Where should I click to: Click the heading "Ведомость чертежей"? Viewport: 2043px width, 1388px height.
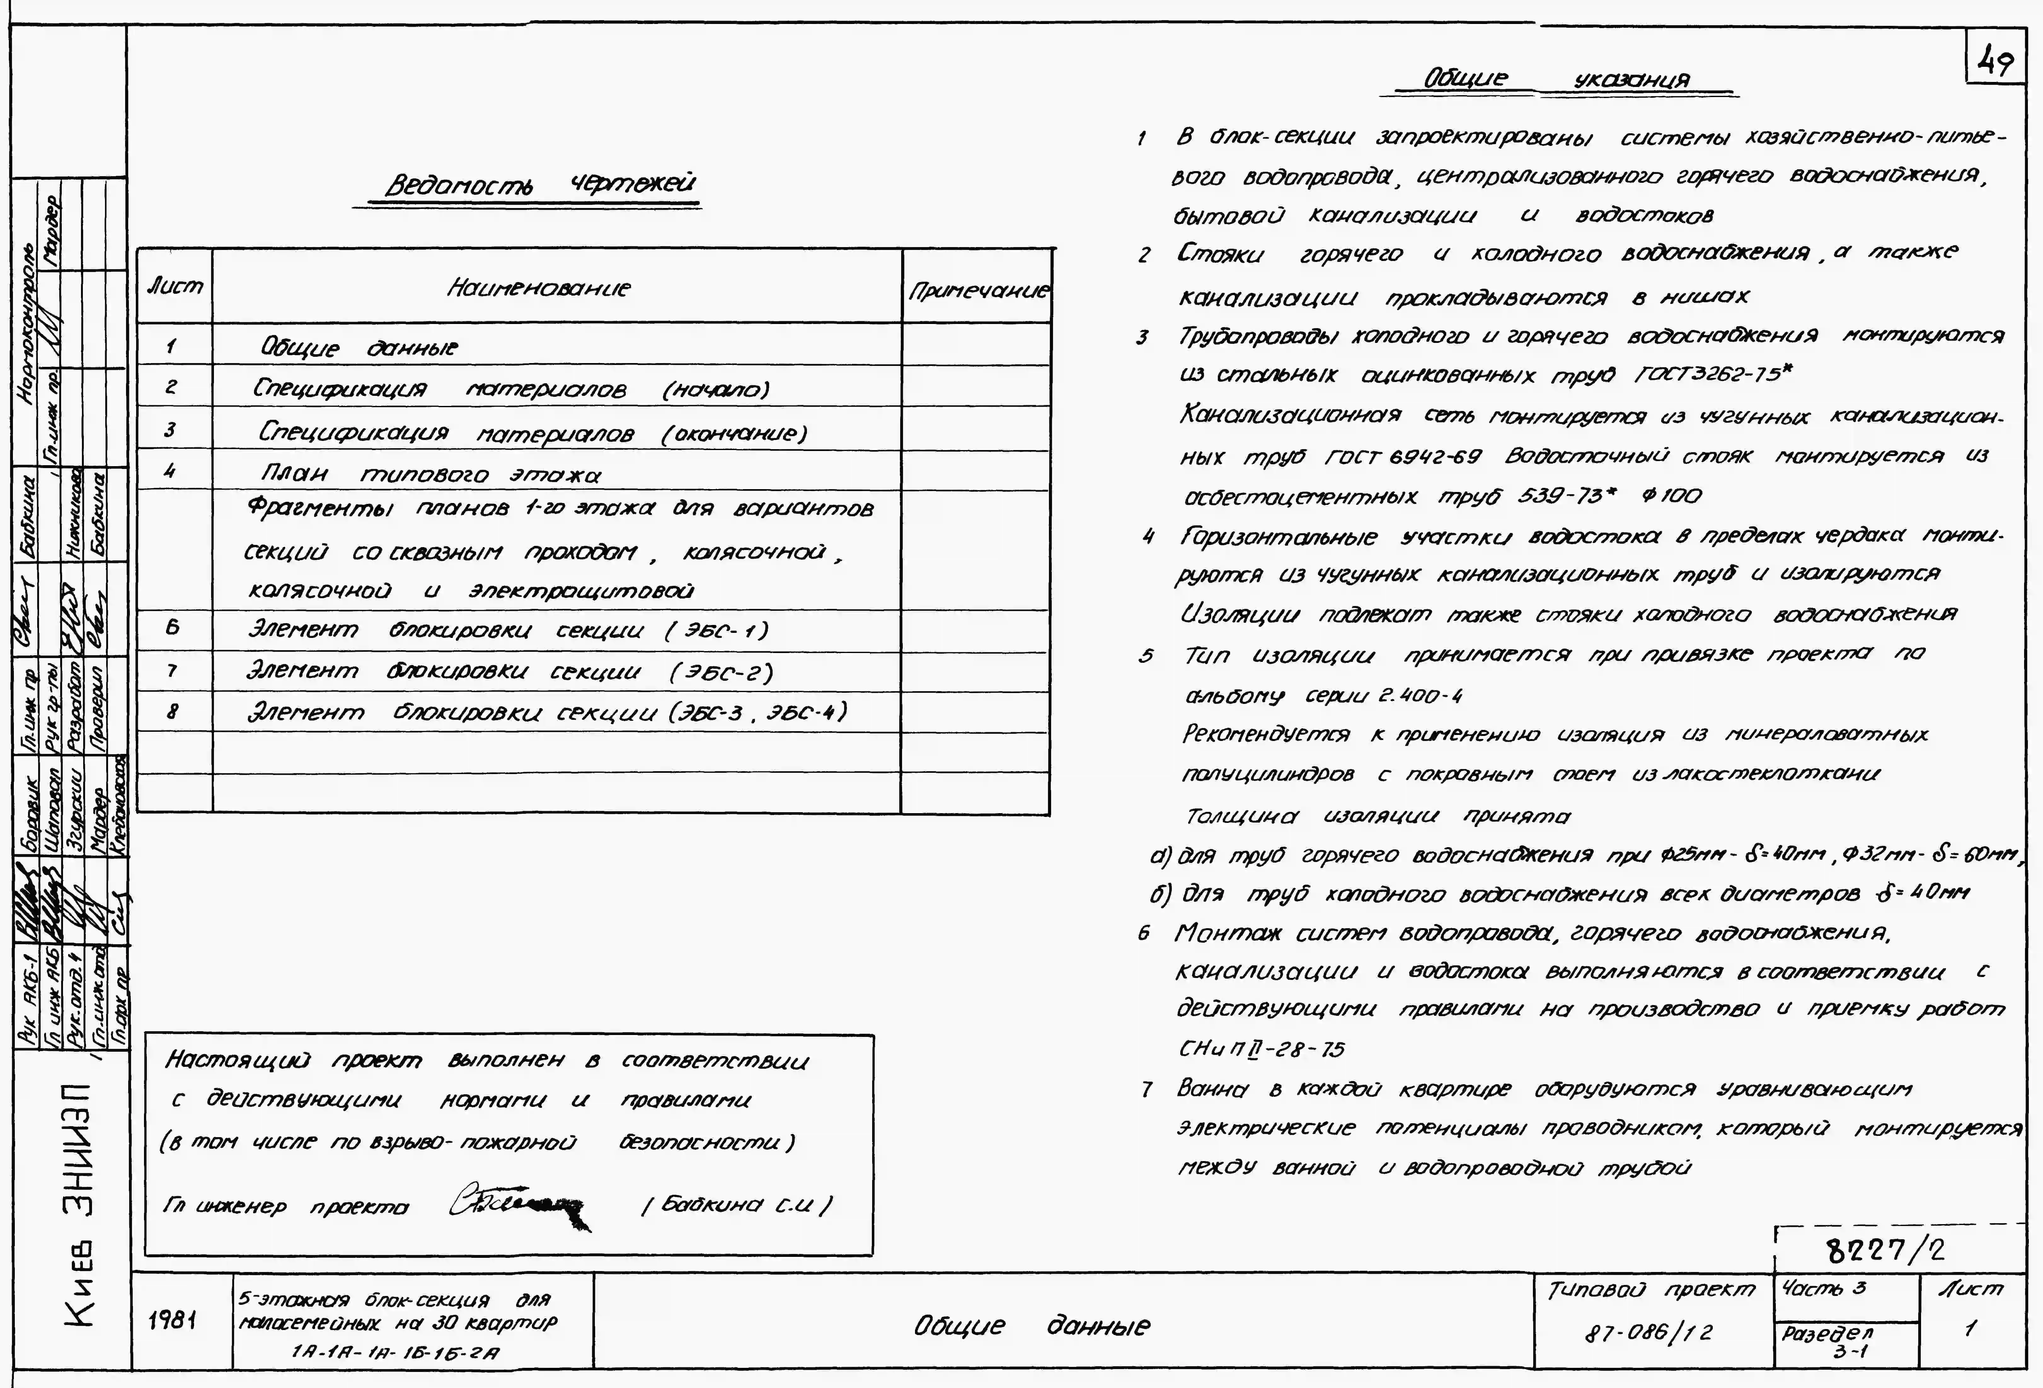coord(540,184)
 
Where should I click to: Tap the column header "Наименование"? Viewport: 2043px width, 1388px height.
coord(538,288)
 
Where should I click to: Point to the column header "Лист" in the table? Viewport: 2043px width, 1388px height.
coord(175,286)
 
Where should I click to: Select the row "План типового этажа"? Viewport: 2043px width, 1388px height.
coord(431,474)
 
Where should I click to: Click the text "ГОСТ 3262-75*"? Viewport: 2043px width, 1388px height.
coord(1712,375)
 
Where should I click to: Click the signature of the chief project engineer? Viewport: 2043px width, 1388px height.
coord(519,1205)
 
